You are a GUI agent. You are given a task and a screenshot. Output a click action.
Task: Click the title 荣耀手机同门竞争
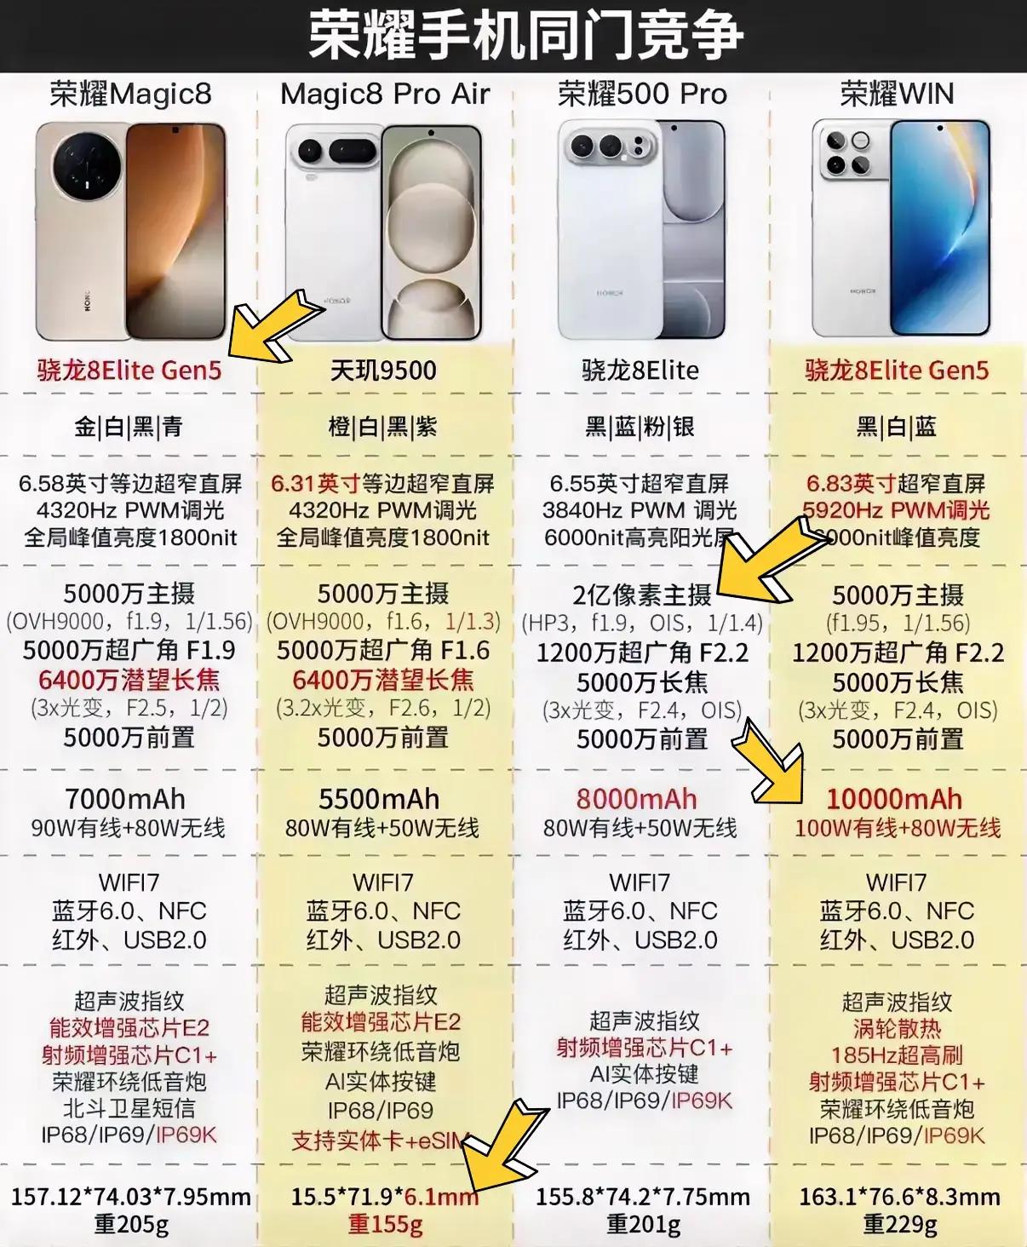coord(525,36)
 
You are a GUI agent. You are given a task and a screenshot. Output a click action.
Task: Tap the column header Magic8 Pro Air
coord(385,94)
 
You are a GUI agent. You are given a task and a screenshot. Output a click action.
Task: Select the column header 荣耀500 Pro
coord(642,94)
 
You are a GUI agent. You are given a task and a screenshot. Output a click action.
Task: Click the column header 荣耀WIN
coord(897,94)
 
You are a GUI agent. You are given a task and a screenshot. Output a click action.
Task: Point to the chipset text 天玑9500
coord(383,371)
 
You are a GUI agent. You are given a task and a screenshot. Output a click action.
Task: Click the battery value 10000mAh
coord(894,799)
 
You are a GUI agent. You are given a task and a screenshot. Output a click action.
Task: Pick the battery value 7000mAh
coord(125,799)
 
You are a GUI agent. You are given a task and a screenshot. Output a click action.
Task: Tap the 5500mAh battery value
coord(379,799)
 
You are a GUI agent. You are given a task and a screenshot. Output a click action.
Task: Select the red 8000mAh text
coord(636,799)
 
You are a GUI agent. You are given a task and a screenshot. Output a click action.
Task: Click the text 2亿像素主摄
coord(641,595)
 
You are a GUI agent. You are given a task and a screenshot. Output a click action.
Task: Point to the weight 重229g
coord(899,1225)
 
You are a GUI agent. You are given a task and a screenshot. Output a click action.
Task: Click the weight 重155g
coord(385,1225)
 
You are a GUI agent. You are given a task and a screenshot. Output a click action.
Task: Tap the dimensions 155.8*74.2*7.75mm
coord(642,1197)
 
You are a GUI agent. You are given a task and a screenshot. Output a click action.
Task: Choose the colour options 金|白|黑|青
coord(129,427)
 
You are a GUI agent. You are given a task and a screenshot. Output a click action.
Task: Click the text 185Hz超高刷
coord(897,1055)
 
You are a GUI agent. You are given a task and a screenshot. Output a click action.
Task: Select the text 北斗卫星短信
coord(129,1108)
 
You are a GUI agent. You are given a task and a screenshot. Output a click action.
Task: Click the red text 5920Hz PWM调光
coord(896,510)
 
